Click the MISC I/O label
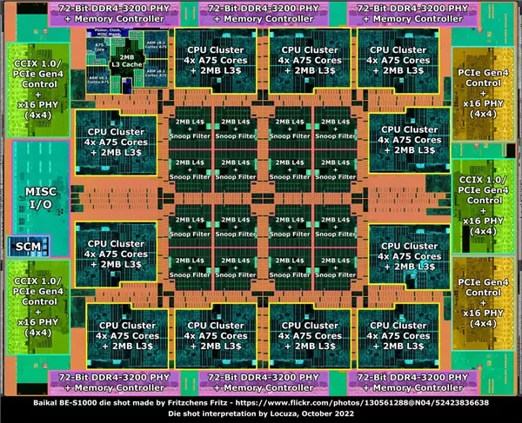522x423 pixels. tap(40, 197)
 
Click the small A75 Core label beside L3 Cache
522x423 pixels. tap(101, 50)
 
